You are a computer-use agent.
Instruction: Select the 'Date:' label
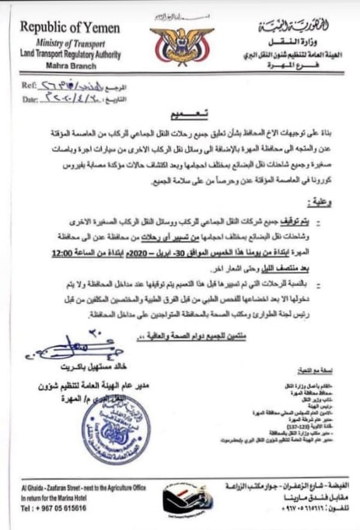click(x=31, y=100)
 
